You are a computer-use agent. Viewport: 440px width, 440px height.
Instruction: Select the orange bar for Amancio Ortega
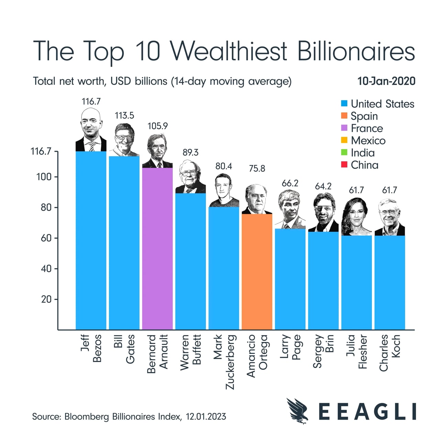pos(257,272)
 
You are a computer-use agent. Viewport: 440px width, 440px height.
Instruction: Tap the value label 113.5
pos(124,115)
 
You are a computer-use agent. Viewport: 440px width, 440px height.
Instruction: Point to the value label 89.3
pos(190,152)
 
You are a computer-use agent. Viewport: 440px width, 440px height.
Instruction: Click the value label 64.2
pos(323,186)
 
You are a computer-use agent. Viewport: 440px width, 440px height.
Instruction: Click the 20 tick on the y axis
pos(46,299)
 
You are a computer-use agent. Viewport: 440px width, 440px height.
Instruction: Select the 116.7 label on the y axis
pos(41,151)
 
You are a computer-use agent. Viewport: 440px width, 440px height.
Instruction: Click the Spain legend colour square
pos(344,116)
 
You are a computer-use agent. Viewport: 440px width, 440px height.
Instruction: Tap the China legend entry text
pos(364,165)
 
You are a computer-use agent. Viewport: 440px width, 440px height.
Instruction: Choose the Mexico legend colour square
pos(344,140)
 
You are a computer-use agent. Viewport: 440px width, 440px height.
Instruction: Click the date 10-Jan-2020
pos(386,81)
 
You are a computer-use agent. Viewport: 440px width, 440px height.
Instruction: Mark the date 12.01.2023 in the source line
pos(206,417)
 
